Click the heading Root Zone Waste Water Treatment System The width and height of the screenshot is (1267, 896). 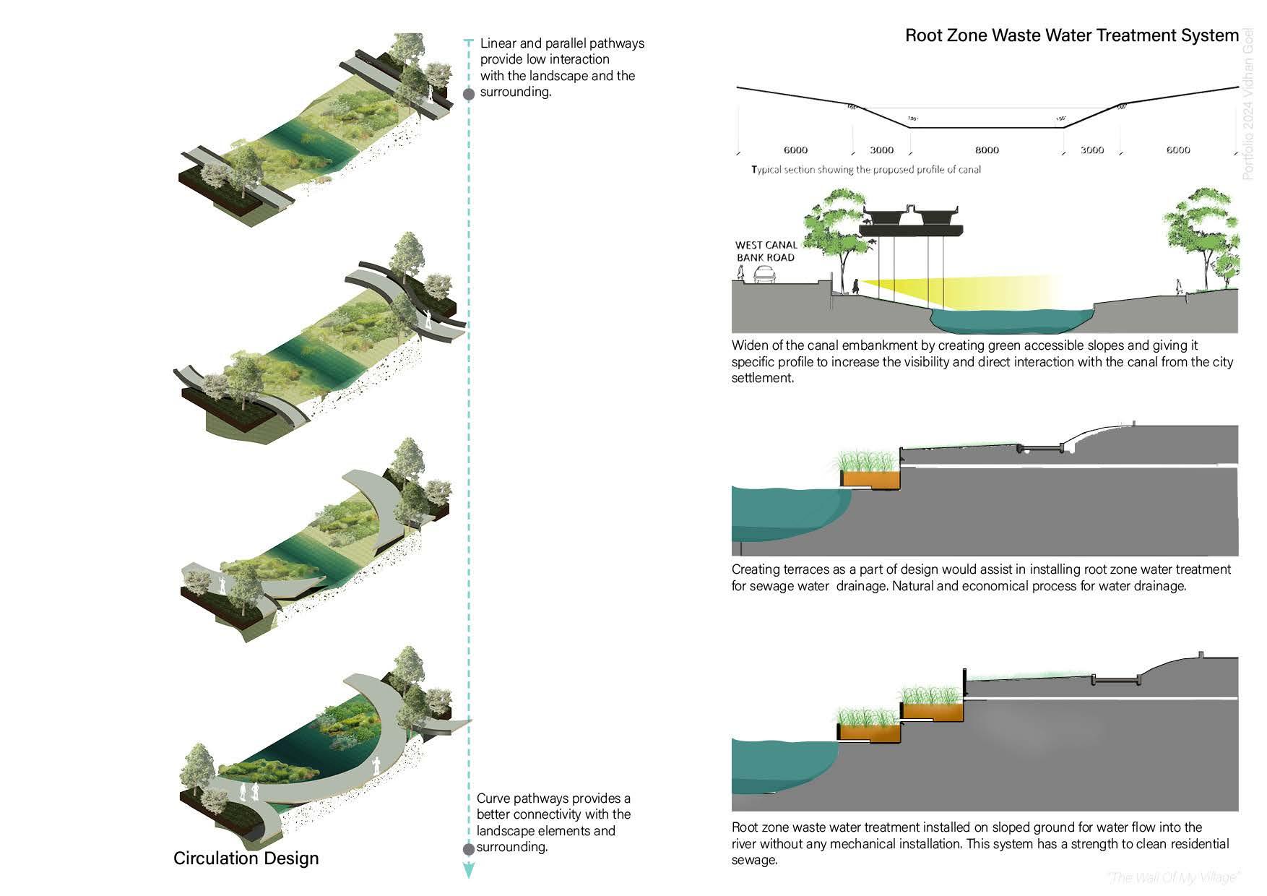coord(1071,35)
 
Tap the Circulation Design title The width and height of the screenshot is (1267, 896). coord(246,858)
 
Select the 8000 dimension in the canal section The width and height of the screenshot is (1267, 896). coord(987,150)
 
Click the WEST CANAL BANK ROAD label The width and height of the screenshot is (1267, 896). coord(766,251)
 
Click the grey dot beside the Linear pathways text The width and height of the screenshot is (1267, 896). coord(469,94)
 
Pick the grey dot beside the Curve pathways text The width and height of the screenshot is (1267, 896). coord(468,849)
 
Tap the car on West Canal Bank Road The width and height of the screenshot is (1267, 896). coord(765,275)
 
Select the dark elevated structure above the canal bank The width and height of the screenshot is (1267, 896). coord(912,220)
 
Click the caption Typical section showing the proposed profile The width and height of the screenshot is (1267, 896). coord(866,170)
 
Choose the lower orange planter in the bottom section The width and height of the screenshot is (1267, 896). coord(870,733)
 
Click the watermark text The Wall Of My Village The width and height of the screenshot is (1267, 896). coord(1173,877)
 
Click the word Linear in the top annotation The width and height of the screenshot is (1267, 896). coord(497,43)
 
